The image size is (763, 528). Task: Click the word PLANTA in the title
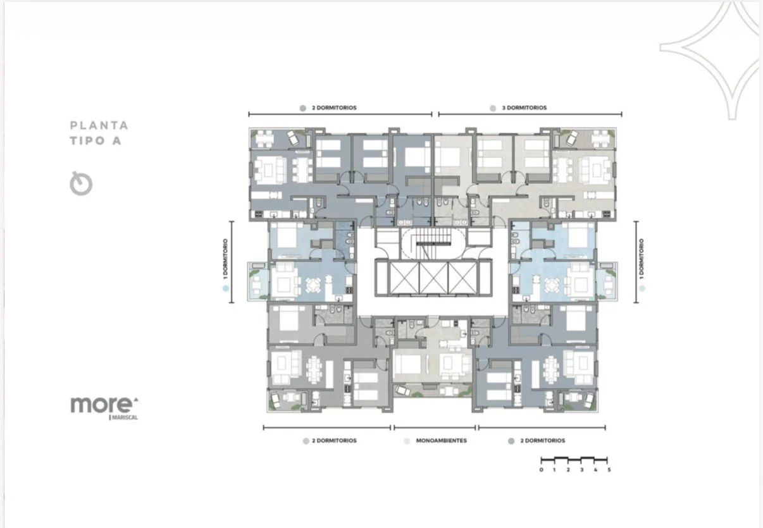click(99, 126)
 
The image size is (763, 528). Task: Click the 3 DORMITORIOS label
click(524, 108)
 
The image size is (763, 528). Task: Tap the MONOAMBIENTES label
click(441, 441)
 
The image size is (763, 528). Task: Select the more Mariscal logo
click(104, 408)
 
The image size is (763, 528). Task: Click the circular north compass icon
click(81, 183)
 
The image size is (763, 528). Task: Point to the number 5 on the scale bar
click(609, 470)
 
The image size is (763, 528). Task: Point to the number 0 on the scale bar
click(542, 470)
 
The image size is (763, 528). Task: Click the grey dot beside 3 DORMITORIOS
click(493, 108)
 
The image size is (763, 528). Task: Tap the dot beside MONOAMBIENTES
click(407, 441)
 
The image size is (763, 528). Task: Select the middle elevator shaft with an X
click(433, 278)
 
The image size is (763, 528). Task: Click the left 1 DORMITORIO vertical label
click(225, 259)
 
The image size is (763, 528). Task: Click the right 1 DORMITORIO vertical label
click(642, 259)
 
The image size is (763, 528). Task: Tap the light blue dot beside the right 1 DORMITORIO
click(642, 288)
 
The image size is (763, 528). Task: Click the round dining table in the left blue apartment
click(313, 285)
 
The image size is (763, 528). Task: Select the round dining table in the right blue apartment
click(552, 285)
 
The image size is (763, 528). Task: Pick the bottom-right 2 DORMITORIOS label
click(543, 441)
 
